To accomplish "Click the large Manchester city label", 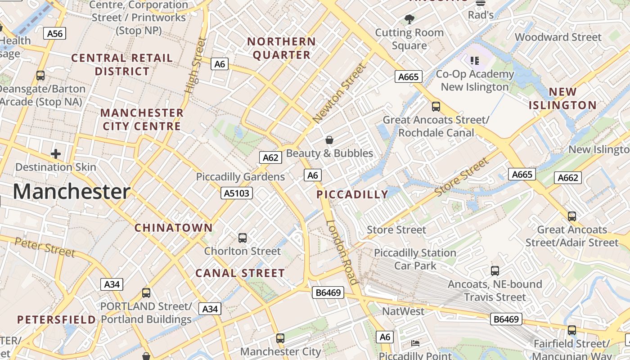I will click(72, 192).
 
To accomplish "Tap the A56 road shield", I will click(55, 33).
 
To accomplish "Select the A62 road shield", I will click(270, 157).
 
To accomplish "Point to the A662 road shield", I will click(567, 178).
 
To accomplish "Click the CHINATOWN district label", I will click(173, 228).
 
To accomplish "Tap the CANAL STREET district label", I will click(240, 273).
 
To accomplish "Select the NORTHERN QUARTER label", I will click(281, 48).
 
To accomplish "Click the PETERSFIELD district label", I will click(56, 320).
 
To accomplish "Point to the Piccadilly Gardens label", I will click(240, 177).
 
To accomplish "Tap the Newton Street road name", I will click(340, 94).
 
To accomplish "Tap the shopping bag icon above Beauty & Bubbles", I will click(329, 140).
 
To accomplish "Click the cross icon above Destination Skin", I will click(56, 154).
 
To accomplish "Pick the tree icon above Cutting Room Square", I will click(409, 19).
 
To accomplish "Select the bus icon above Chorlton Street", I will click(243, 238).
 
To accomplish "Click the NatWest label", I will click(403, 311).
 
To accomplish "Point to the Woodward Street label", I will click(558, 37).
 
